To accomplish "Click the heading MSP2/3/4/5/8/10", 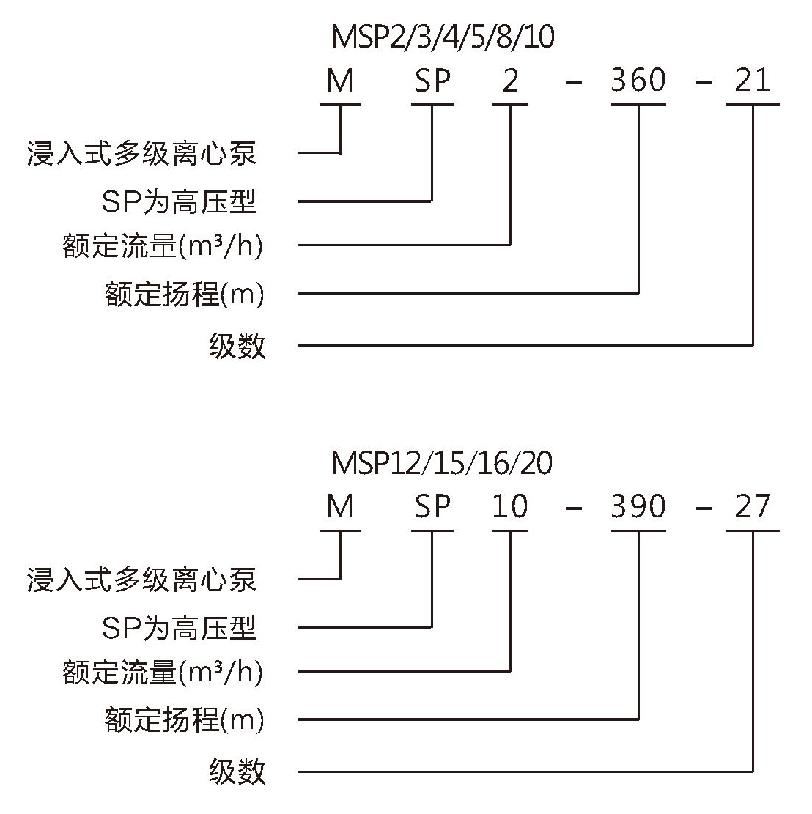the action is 443,37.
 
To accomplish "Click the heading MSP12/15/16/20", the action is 441,463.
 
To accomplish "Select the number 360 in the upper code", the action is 638,81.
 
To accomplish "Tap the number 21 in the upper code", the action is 753,81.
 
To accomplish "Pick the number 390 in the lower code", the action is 638,507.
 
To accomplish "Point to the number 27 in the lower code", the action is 753,507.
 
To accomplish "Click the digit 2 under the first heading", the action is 510,81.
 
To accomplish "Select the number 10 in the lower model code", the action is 510,507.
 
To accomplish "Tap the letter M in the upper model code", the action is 340,81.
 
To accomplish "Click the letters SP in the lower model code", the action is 432,507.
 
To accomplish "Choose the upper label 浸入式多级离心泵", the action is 141,154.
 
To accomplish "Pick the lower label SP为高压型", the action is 179,628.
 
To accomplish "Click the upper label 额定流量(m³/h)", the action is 163,245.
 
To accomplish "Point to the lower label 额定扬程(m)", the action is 184,720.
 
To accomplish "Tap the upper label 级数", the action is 237,346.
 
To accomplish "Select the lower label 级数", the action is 237,772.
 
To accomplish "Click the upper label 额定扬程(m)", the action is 184,294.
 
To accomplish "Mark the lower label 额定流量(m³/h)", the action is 163,672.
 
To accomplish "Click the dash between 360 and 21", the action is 703,82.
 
